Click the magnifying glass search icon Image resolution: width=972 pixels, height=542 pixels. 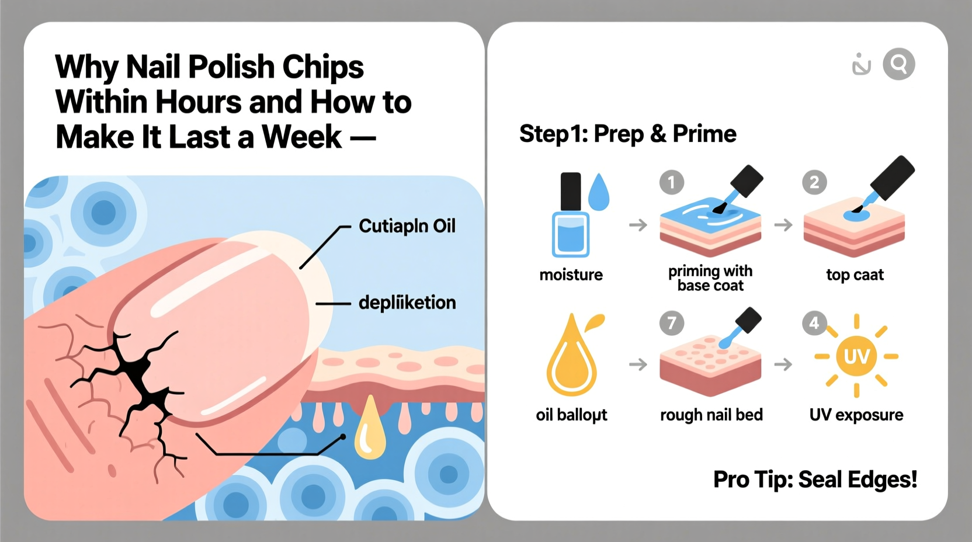[898, 64]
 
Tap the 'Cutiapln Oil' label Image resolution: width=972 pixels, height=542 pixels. [407, 226]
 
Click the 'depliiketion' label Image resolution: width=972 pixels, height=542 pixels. [407, 303]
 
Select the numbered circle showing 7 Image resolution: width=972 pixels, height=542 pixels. [672, 323]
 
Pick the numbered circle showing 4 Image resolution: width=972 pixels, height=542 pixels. [814, 322]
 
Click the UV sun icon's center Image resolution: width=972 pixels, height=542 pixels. [856, 356]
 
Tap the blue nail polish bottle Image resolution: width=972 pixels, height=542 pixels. [571, 216]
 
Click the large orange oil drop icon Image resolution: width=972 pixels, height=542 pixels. [571, 359]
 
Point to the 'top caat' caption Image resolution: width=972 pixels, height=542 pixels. [855, 275]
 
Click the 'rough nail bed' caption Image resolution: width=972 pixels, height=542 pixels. [711, 415]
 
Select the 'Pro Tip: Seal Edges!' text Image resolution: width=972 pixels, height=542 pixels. [815, 480]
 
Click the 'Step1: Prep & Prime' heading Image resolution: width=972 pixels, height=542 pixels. [627, 134]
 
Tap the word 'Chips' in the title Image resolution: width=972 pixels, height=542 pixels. [323, 67]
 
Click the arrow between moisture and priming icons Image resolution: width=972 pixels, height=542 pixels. [638, 225]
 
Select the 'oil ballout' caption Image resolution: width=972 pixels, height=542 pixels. [571, 415]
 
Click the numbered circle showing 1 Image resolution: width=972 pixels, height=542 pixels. [672, 183]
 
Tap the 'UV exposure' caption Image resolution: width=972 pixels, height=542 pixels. [856, 415]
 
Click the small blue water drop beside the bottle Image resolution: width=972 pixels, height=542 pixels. [599, 193]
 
